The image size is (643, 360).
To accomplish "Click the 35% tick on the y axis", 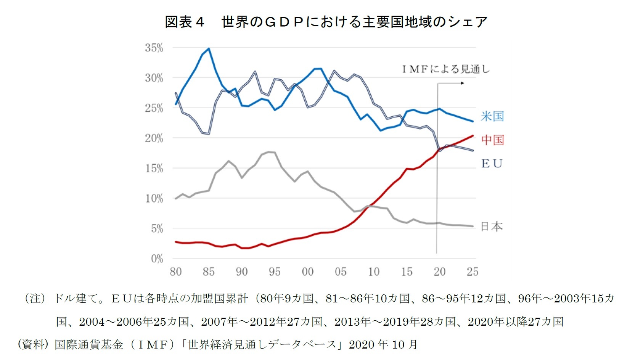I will coord(154,48).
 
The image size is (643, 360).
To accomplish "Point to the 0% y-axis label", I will coord(157,259).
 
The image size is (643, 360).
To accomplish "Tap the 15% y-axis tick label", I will coord(154,169).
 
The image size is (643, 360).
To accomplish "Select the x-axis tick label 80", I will coord(175,272).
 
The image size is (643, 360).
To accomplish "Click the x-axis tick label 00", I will coord(307,272).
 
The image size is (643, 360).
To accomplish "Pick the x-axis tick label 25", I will coord(472,272).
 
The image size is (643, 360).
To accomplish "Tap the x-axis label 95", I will coord(274,272).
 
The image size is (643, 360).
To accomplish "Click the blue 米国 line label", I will coord(492,116).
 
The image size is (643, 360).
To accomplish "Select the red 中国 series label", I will coord(492,140).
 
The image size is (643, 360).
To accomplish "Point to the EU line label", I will coord(492,164).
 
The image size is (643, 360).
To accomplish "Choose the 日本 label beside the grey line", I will coord(491,227).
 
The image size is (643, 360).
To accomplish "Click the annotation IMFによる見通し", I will coord(445,69).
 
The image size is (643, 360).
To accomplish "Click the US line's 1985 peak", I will coord(209,49).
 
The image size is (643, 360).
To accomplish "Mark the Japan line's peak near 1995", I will coord(269,152).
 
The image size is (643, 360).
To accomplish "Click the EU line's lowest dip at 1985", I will coord(209,133).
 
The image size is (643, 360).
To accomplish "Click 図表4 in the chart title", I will coord(185,22).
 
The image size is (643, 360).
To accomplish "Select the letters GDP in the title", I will coord(284,22).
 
